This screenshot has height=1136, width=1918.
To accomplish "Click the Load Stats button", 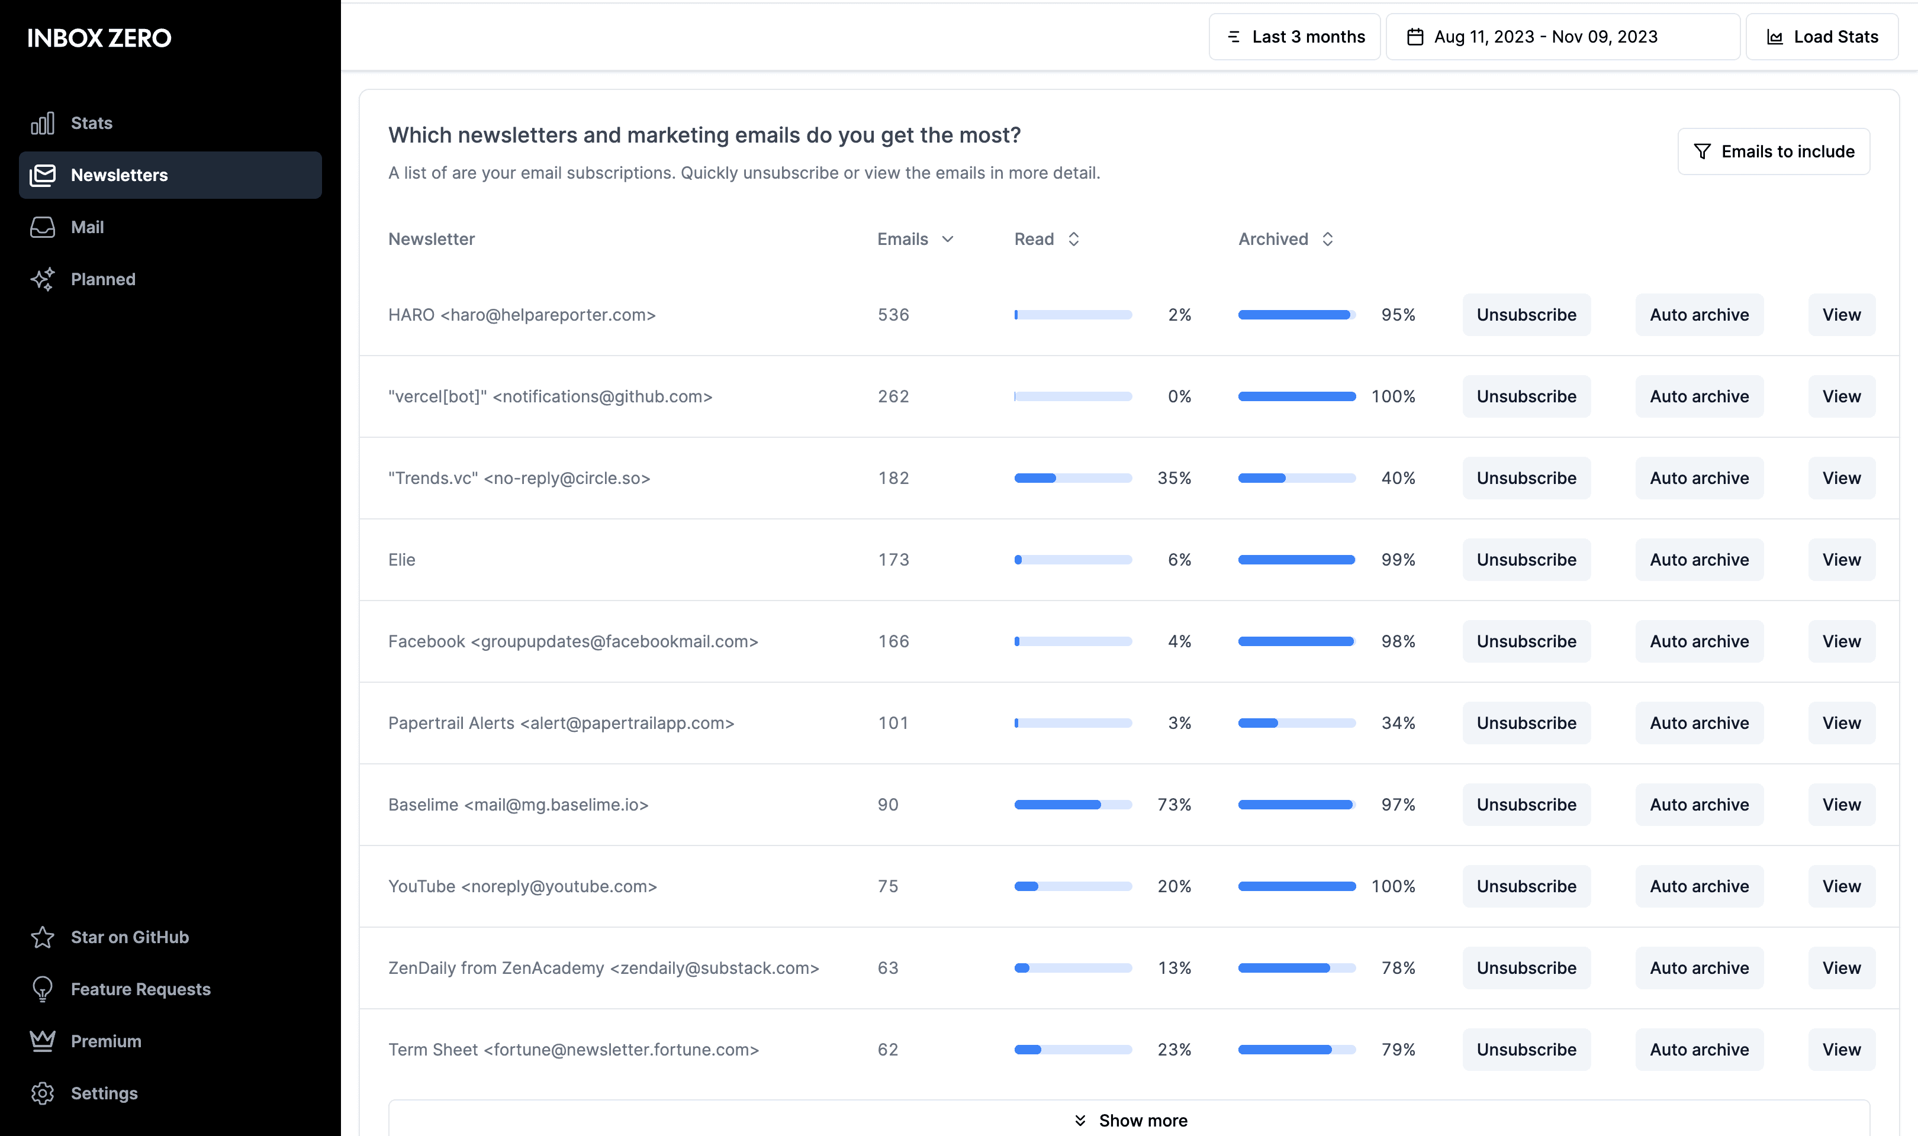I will pos(1822,37).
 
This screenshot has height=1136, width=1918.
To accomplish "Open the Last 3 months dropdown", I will pos(1295,37).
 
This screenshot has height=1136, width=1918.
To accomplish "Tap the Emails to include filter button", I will pos(1774,151).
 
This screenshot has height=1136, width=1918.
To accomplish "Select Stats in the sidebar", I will pos(91,123).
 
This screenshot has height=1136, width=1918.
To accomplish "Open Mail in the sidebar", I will pos(86,227).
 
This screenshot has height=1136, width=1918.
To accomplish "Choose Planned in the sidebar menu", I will pos(102,279).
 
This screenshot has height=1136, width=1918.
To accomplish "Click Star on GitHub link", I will pos(130,937).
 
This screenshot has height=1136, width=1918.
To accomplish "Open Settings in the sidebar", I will pos(104,1093).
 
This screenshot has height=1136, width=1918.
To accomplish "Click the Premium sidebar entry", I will pos(105,1041).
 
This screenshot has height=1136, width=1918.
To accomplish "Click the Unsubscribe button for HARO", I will pos(1526,315).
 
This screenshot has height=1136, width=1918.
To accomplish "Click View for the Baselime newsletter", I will pos(1840,805).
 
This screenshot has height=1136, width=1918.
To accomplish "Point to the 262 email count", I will pos(893,396).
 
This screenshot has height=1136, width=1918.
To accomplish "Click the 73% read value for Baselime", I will pos(1174,805).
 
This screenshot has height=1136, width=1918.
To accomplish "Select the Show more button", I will pos(1129,1120).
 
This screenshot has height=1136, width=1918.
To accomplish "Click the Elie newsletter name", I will pos(401,560).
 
